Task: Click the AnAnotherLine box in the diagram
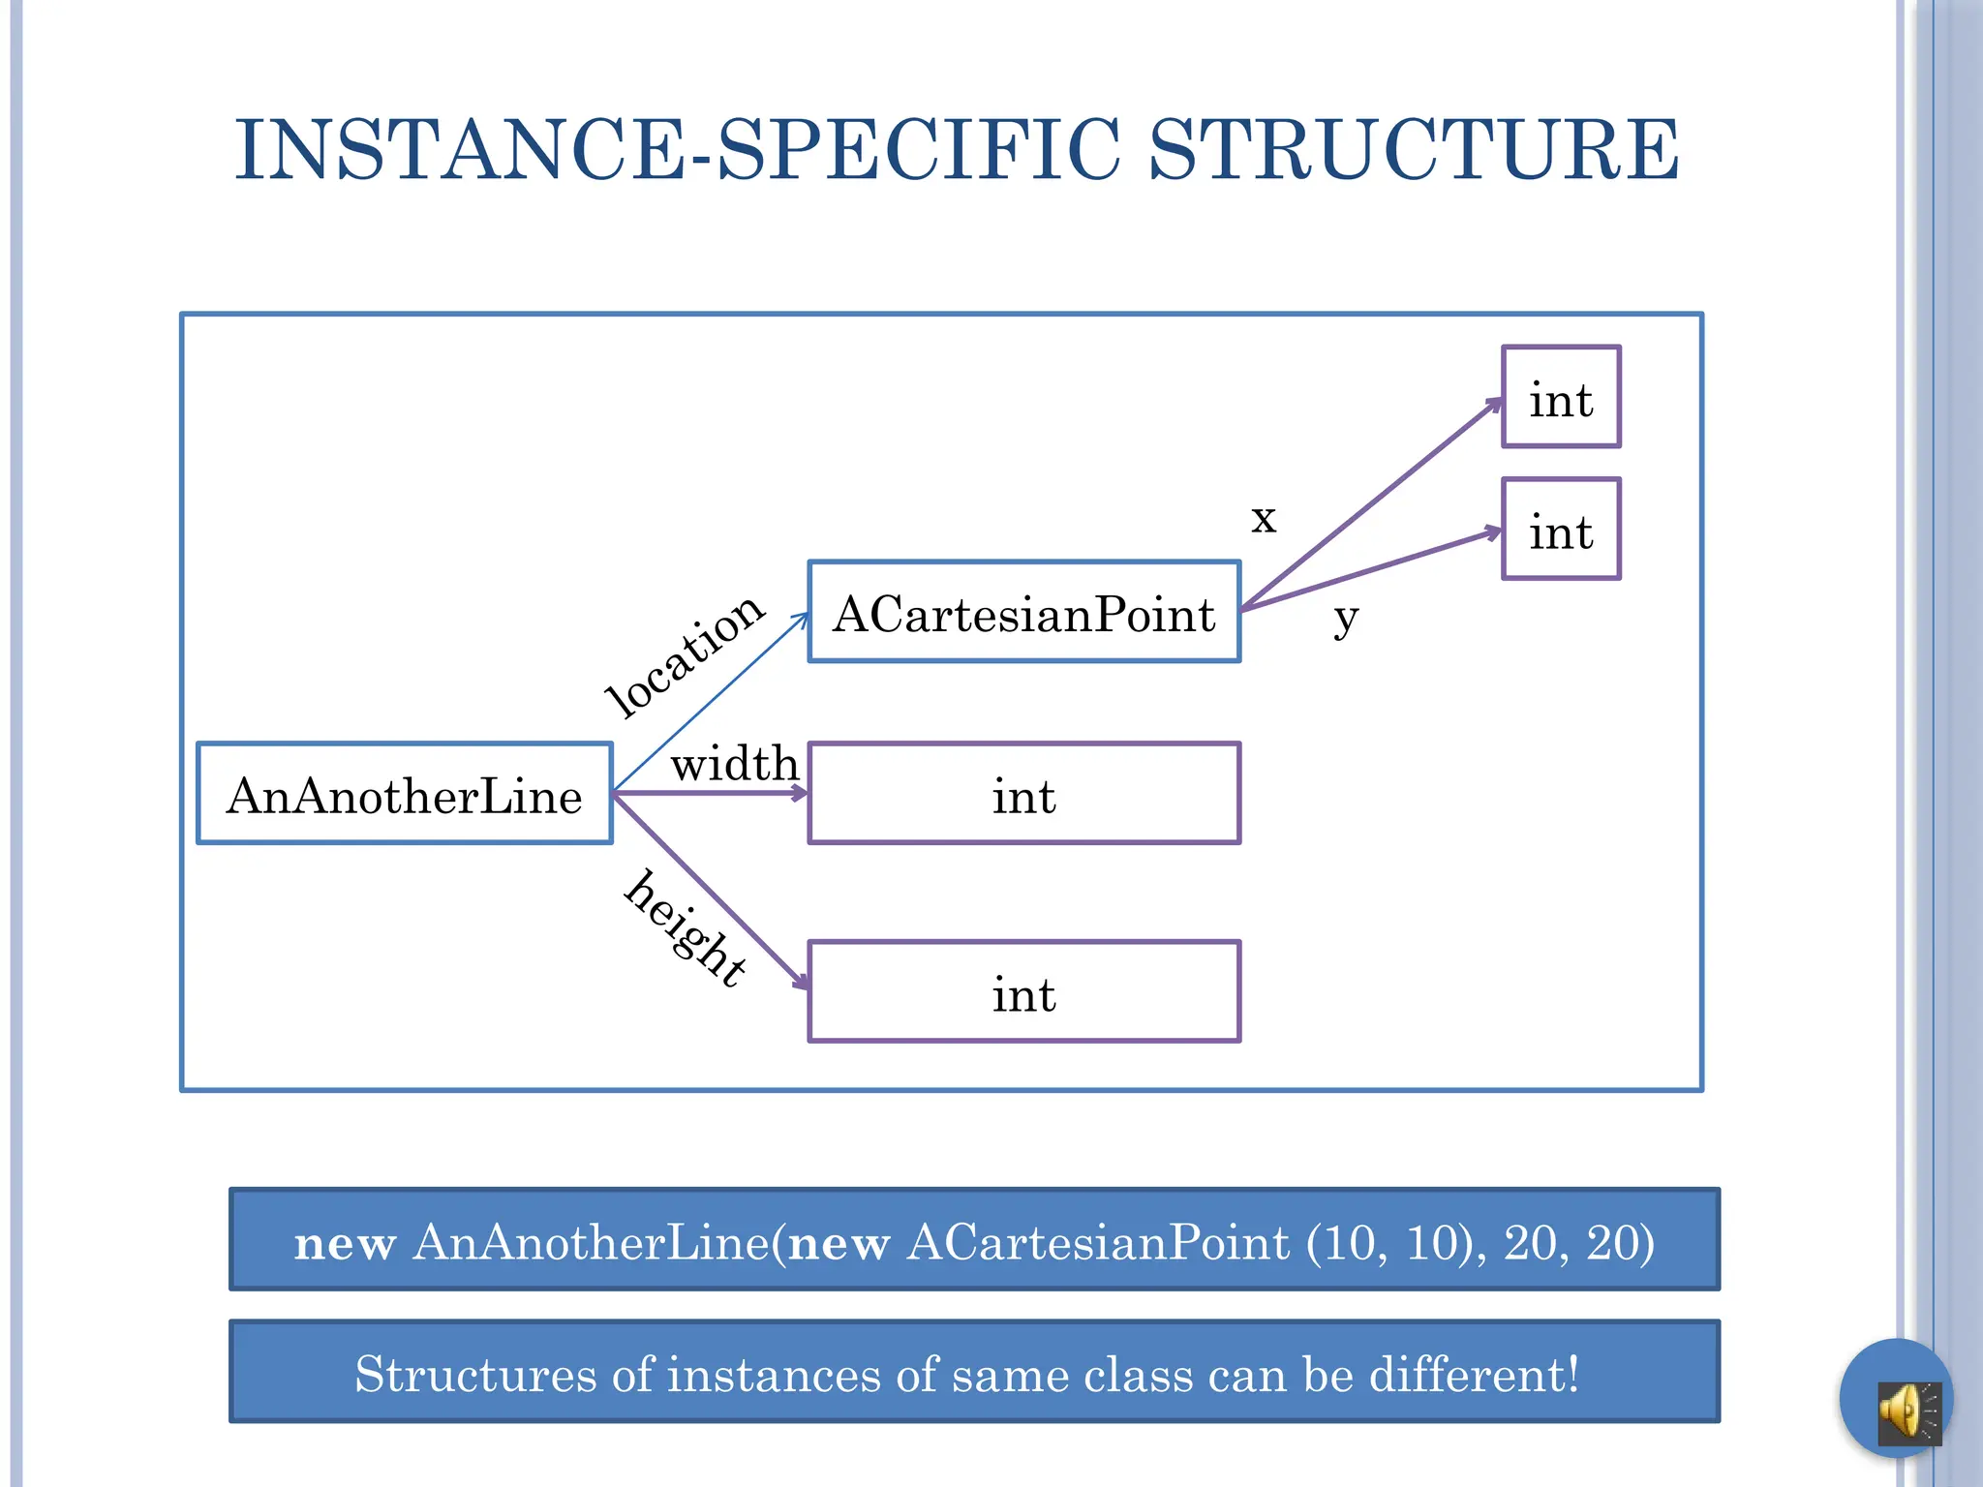(x=405, y=794)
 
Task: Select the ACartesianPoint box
(x=1023, y=612)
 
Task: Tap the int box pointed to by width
(x=1023, y=794)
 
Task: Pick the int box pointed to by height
(x=1023, y=991)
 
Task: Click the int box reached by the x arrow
(x=1561, y=397)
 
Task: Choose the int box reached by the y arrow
(x=1561, y=530)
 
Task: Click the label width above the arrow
(x=735, y=765)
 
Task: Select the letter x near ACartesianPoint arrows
(x=1264, y=519)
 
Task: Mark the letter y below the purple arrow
(x=1346, y=618)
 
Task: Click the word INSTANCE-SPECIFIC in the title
(x=678, y=150)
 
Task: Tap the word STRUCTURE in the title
(x=1414, y=150)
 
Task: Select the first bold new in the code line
(x=345, y=1243)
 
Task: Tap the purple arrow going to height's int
(x=712, y=893)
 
